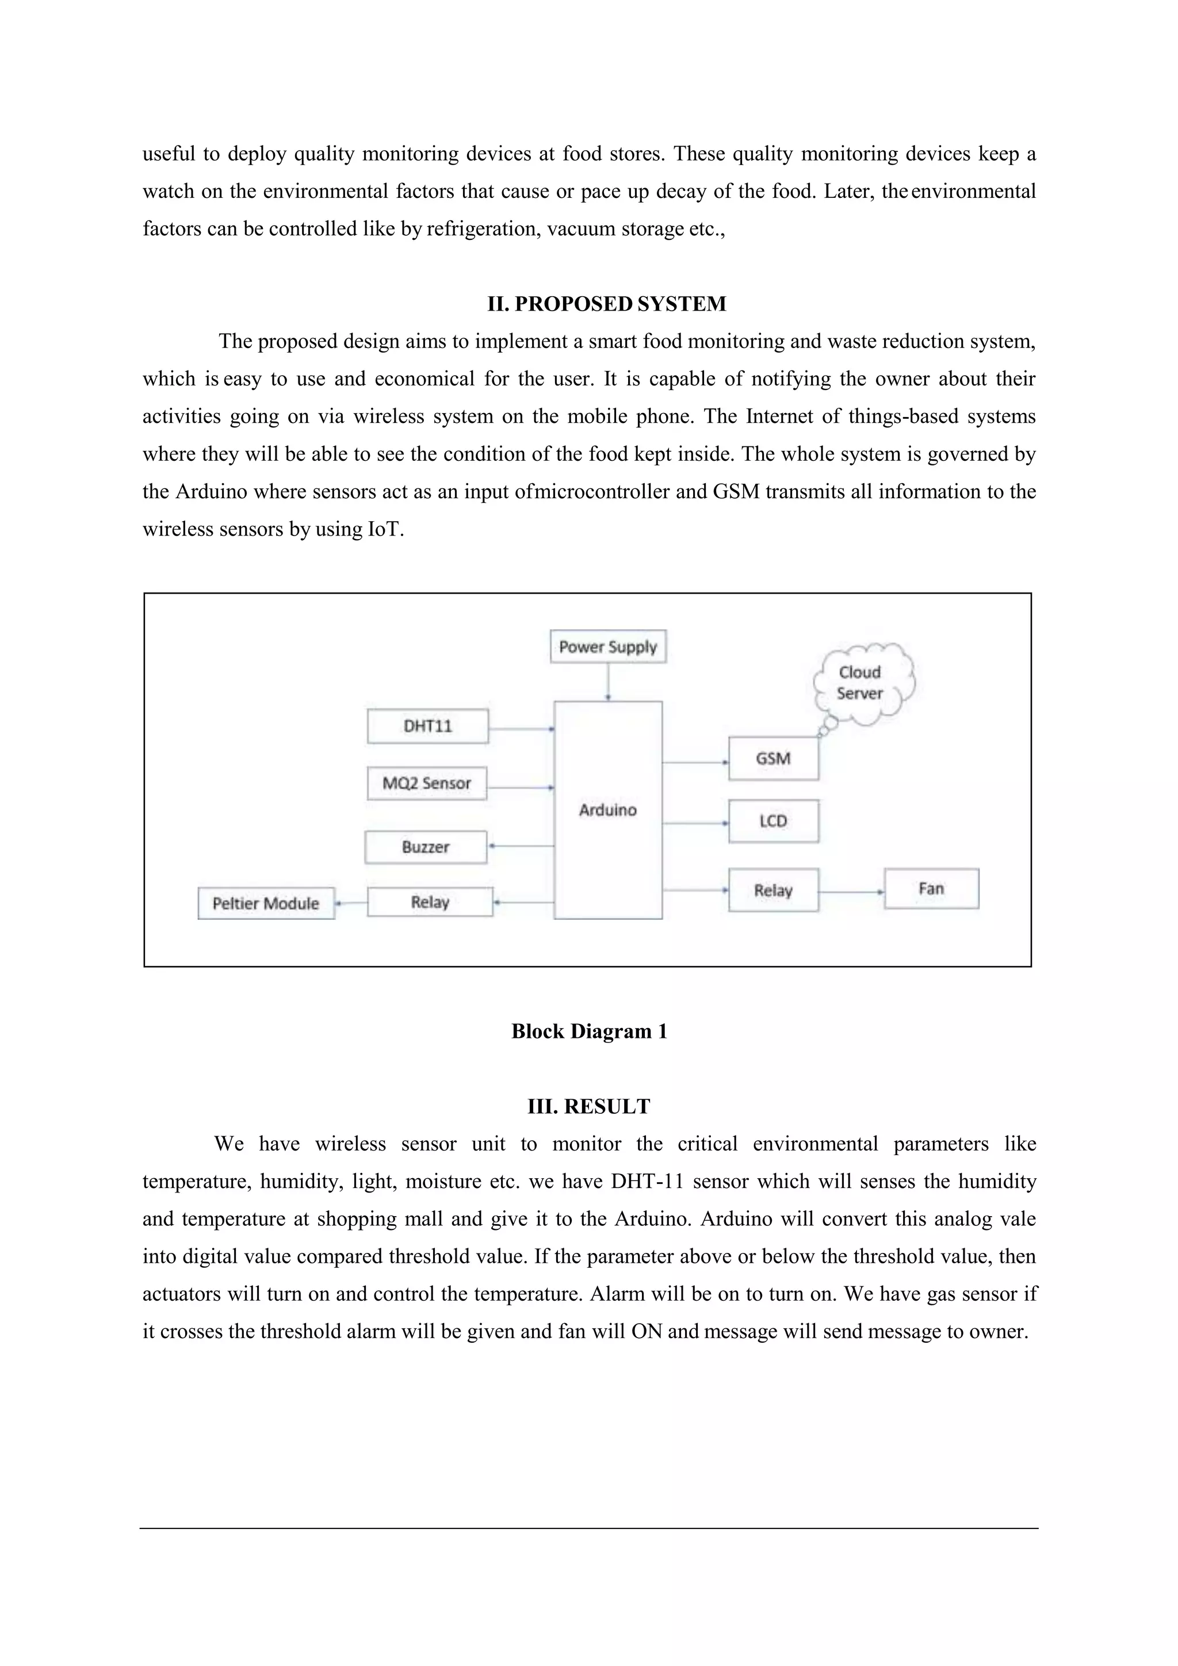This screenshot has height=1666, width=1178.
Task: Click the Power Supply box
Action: click(x=608, y=647)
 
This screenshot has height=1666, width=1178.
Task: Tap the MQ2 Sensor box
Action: click(x=427, y=784)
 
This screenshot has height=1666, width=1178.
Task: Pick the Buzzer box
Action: click(x=426, y=847)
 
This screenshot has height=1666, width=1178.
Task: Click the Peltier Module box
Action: click(x=266, y=903)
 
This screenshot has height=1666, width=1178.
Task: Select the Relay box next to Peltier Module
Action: click(x=430, y=902)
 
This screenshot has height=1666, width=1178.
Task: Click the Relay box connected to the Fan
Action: click(x=773, y=891)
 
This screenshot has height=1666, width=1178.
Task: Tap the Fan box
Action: click(x=931, y=889)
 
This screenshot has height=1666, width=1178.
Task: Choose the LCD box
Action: click(x=773, y=821)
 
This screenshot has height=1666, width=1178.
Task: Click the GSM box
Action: click(x=773, y=759)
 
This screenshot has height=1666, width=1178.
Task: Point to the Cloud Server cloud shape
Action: click(x=861, y=683)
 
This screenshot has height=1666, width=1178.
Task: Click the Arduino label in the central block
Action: click(x=608, y=810)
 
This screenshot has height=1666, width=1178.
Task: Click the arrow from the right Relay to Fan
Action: click(x=851, y=891)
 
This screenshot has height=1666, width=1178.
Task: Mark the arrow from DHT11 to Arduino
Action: click(x=521, y=728)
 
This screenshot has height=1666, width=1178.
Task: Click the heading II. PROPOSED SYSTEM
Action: click(x=606, y=304)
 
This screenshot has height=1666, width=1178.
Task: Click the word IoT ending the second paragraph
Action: click(x=384, y=529)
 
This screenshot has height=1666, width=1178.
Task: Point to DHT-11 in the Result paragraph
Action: click(x=647, y=1181)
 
